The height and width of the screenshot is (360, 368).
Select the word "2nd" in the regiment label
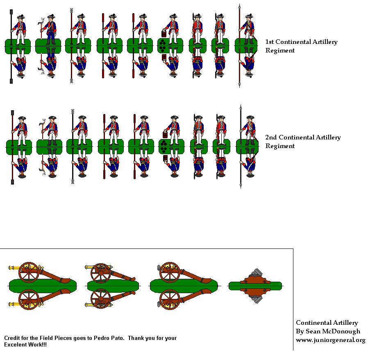click(271, 137)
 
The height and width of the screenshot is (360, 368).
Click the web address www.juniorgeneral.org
click(330, 340)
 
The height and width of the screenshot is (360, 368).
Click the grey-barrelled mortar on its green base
click(255, 285)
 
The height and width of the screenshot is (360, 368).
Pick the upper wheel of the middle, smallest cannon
click(100, 272)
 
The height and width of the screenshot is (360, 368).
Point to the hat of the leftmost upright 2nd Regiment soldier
click(21, 118)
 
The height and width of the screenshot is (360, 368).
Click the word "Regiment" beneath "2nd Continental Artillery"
click(280, 146)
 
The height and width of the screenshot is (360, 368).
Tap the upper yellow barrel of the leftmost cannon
click(14, 268)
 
